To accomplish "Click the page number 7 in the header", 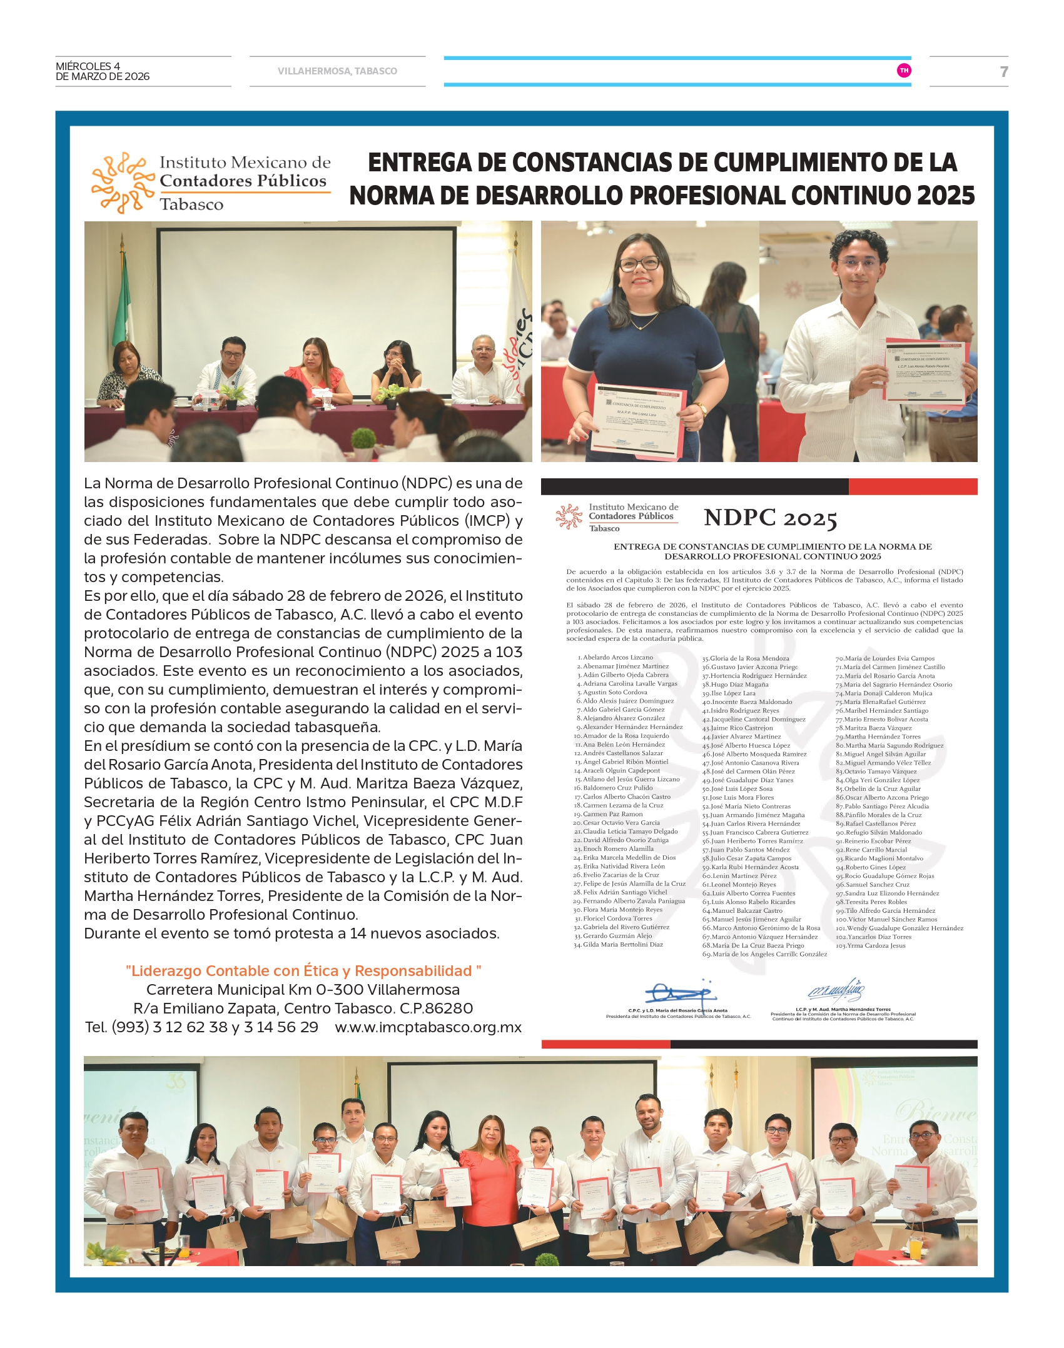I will [1003, 72].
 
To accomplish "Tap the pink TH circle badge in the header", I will [903, 71].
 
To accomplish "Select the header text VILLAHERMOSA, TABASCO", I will [337, 71].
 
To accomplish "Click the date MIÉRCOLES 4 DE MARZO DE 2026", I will [103, 71].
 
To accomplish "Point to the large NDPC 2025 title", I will [770, 518].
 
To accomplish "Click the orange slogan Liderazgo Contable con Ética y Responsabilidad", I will [303, 971].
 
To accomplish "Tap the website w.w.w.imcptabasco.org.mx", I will [428, 1027].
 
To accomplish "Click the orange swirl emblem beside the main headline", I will [123, 183].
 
